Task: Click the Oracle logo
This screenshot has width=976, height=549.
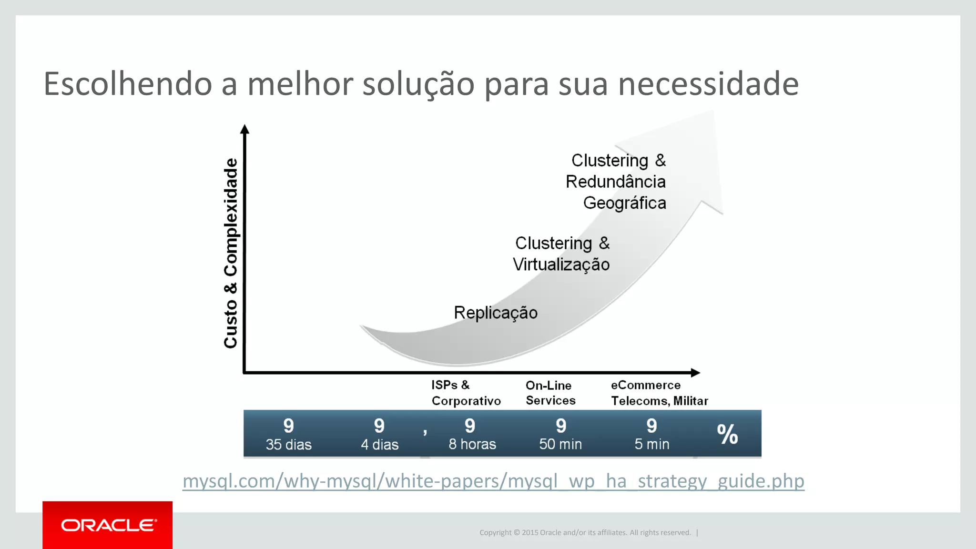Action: (108, 525)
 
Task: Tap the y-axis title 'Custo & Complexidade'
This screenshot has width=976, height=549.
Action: (231, 253)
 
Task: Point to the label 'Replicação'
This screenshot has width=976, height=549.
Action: (496, 313)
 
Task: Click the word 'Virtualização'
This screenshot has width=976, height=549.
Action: (561, 264)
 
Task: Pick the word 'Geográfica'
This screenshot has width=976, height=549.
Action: (624, 203)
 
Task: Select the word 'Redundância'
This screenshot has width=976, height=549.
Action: (615, 182)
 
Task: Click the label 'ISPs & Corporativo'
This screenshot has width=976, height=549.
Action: (466, 393)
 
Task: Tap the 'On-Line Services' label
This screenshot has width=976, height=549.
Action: (550, 393)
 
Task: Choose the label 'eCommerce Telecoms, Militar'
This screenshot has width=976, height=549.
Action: (659, 393)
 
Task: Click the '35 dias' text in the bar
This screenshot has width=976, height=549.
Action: (288, 445)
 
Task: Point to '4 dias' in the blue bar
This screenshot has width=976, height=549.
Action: (379, 445)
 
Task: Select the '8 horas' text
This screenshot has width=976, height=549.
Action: (472, 444)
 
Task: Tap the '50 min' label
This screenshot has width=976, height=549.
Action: (560, 444)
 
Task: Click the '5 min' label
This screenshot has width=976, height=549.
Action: (651, 444)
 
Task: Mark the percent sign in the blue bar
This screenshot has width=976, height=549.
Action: (727, 434)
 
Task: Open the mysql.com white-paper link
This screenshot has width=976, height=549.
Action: (493, 481)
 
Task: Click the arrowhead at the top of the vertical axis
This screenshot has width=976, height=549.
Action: (244, 129)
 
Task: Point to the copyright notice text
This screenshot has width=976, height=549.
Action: (585, 532)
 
